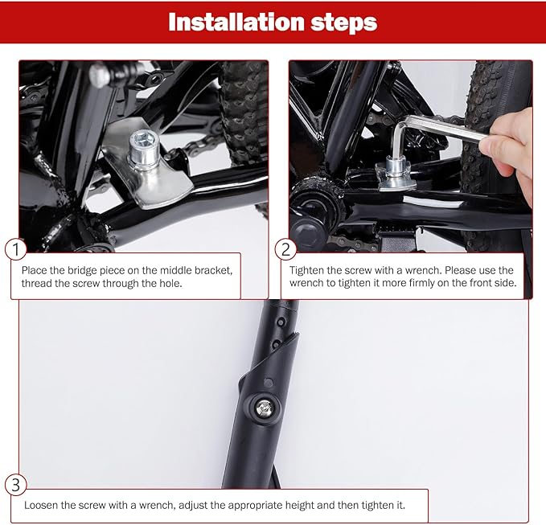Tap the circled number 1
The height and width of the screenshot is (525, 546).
14,249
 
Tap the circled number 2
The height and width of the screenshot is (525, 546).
285,249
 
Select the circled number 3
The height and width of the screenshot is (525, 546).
14,485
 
